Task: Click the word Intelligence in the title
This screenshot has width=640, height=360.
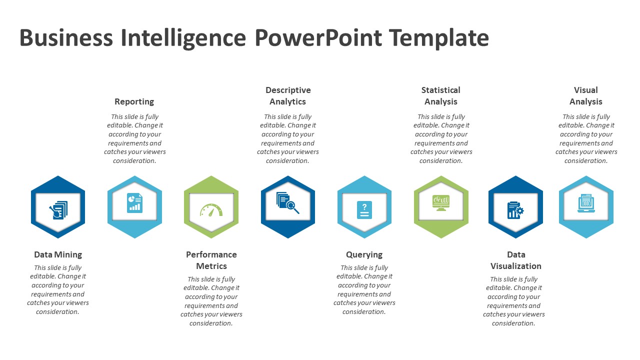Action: [184, 38]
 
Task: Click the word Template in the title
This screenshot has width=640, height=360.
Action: [438, 38]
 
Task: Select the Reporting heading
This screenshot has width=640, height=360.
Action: [134, 101]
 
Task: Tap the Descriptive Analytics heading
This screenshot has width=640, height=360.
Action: [288, 96]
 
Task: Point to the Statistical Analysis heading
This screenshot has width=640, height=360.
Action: [441, 96]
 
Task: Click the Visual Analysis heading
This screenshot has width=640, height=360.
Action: [586, 96]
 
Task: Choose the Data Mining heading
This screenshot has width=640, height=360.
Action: [58, 254]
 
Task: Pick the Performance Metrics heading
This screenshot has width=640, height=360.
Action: [211, 260]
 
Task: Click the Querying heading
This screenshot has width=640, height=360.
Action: [364, 254]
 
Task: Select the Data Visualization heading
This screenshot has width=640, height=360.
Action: [515, 260]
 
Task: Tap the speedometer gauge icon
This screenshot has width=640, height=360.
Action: [211, 209]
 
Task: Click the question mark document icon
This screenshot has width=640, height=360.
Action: [364, 209]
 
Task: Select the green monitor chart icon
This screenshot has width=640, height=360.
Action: [441, 202]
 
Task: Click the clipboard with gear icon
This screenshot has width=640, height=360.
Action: [515, 209]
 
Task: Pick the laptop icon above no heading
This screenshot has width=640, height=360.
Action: [586, 203]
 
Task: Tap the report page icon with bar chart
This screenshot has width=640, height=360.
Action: [134, 203]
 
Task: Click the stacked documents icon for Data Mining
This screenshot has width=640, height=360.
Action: [58, 210]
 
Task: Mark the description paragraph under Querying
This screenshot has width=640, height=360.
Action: [364, 289]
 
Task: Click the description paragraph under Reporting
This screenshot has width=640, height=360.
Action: [134, 138]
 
